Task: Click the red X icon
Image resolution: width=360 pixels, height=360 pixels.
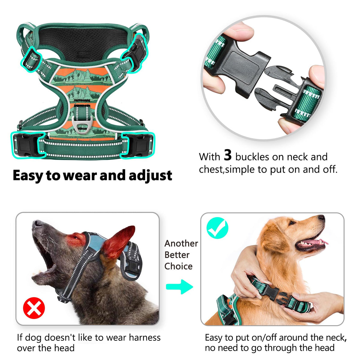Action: (x=34, y=308)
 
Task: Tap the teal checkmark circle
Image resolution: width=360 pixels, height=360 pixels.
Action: (x=217, y=228)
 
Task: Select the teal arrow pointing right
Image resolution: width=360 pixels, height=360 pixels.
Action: (x=179, y=287)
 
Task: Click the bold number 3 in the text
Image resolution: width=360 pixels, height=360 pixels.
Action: (x=227, y=155)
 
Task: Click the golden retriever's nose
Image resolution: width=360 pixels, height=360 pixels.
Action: (x=321, y=217)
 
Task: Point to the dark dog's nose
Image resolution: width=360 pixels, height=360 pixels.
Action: (x=36, y=223)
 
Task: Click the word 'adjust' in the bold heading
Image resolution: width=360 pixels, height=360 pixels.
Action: (x=150, y=175)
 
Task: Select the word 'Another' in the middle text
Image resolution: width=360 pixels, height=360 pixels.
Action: (x=181, y=243)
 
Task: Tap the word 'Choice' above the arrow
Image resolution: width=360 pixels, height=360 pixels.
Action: (x=178, y=266)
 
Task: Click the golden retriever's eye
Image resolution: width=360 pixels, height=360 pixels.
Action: (x=292, y=223)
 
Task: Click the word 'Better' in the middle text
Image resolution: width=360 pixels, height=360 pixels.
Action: (x=177, y=255)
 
